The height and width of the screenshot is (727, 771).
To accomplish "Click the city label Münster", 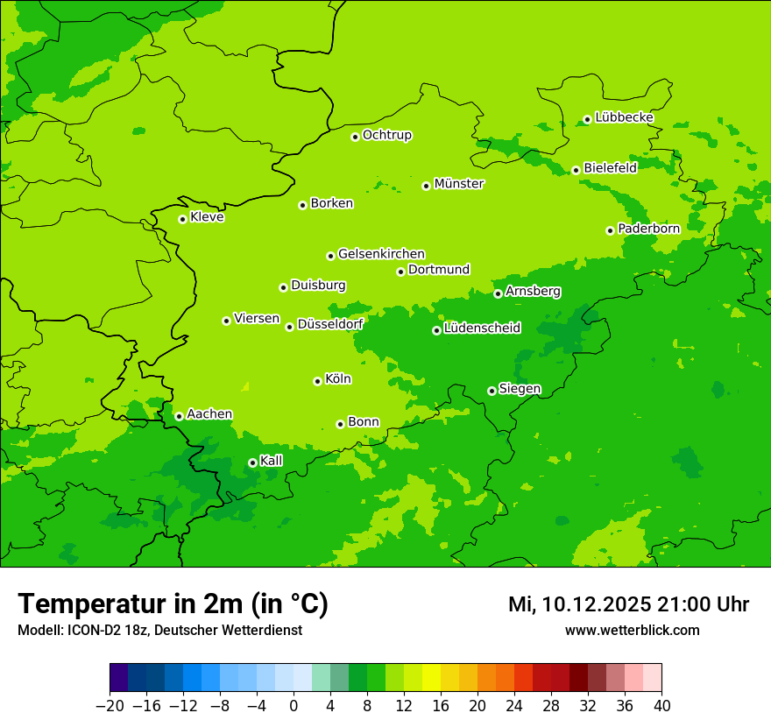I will (x=459, y=184).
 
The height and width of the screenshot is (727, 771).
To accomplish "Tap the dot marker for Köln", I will (x=317, y=381).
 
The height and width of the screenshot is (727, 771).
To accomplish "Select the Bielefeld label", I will (x=610, y=167).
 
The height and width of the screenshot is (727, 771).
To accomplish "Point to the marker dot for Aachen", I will (x=179, y=416).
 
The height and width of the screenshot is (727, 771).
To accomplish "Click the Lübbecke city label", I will (x=624, y=117).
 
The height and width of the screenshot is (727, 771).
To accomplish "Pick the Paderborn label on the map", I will (x=648, y=229).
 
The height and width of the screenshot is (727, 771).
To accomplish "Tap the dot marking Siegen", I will (x=492, y=391).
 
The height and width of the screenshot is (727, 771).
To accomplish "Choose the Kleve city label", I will (x=207, y=217).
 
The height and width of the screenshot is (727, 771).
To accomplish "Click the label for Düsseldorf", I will (x=330, y=324).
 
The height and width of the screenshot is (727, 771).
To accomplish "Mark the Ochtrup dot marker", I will (x=355, y=137).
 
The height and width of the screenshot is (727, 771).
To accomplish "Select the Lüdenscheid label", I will (x=482, y=328).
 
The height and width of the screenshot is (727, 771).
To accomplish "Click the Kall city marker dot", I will (x=252, y=462).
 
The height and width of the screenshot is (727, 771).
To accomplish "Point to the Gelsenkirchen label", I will (x=381, y=254).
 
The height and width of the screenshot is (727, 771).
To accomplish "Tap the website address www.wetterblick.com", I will (x=632, y=630).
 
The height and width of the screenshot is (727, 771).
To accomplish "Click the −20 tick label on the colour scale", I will (x=110, y=706).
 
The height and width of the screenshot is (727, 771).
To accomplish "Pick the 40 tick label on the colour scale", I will (x=661, y=706).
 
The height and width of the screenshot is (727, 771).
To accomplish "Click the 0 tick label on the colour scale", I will (x=294, y=706).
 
